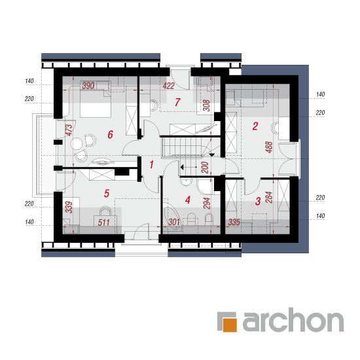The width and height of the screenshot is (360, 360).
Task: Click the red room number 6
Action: [x=110, y=135]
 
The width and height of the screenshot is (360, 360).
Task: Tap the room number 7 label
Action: [x=177, y=102]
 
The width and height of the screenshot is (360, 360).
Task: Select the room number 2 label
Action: [x=255, y=126]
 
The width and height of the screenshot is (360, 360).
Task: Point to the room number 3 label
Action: [x=258, y=201]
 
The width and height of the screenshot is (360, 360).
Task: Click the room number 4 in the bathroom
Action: [x=188, y=200]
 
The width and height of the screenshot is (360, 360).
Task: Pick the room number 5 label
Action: [x=107, y=193]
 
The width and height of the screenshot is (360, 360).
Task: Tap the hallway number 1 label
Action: [x=151, y=164]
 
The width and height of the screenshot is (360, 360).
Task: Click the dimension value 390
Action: [x=88, y=86]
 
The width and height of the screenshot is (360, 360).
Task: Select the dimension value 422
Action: [x=168, y=86]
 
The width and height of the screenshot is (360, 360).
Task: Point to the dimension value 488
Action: [x=268, y=147]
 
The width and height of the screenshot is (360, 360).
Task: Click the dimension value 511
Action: [x=103, y=223]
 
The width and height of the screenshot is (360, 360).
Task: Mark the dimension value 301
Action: [x=174, y=222]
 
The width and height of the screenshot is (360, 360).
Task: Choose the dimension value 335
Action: [x=234, y=222]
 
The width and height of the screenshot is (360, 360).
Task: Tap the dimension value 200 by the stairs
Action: [x=205, y=168]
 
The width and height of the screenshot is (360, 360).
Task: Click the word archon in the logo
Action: [x=293, y=320]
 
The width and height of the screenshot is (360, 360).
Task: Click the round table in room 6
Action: [x=76, y=143]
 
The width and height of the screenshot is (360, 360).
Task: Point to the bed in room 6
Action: [x=96, y=99]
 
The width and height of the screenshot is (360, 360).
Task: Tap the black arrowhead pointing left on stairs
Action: [x=182, y=167]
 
